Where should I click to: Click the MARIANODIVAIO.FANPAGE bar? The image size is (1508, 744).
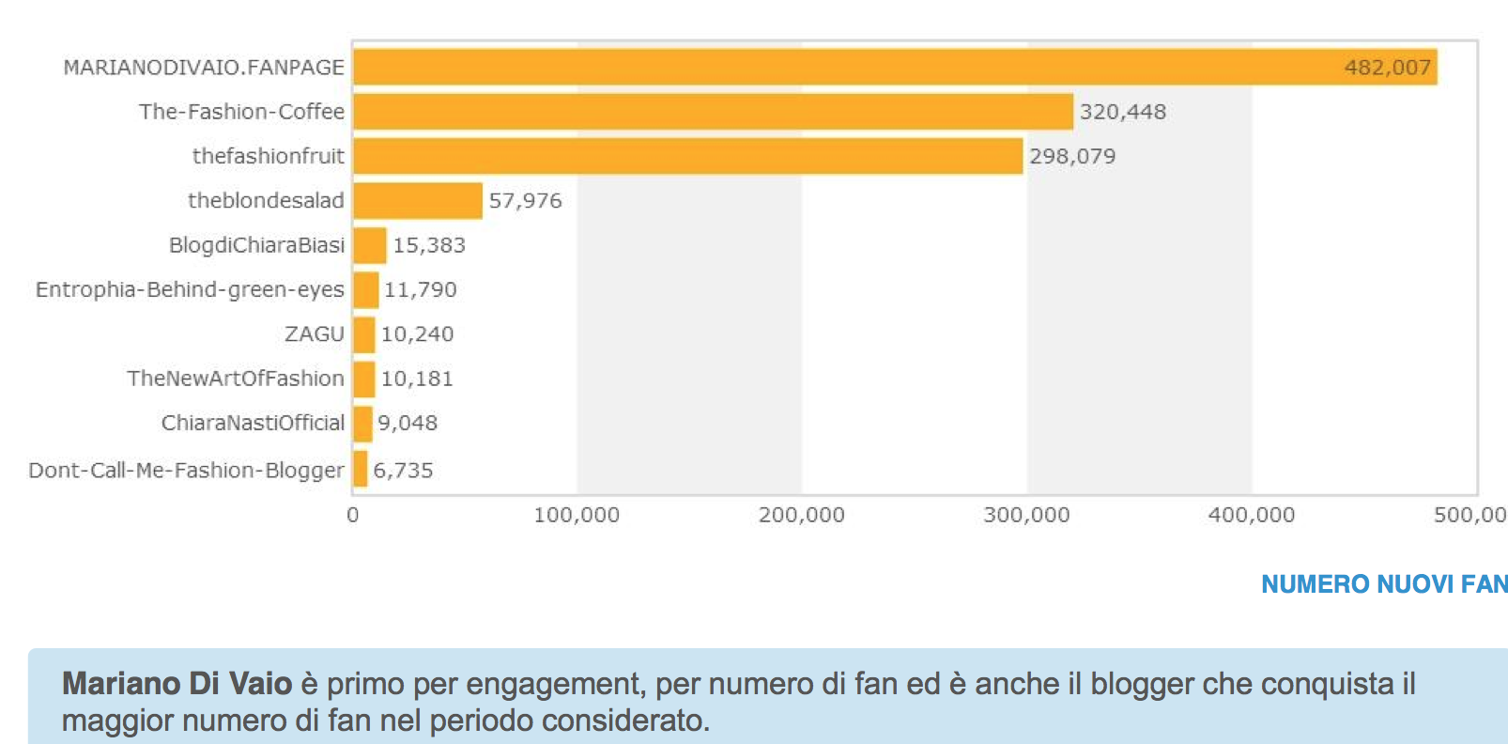click(x=892, y=68)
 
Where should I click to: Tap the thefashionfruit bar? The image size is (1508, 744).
click(x=687, y=156)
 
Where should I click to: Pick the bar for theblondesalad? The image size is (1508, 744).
click(x=417, y=201)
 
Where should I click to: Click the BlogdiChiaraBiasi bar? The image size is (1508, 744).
click(x=369, y=245)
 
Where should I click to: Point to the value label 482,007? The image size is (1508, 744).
click(x=1387, y=68)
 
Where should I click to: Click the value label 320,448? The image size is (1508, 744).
click(x=1122, y=112)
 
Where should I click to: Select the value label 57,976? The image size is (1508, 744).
click(x=525, y=201)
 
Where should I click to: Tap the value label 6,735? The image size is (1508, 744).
click(x=403, y=470)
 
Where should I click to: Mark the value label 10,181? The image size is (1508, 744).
click(x=417, y=379)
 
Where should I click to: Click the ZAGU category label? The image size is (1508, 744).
click(x=315, y=334)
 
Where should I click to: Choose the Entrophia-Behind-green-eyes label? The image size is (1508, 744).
click(x=190, y=289)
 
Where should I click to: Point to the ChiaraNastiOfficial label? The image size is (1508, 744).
click(x=253, y=423)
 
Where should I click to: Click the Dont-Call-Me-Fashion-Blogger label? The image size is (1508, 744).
click(x=186, y=470)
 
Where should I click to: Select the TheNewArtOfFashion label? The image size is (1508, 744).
click(x=236, y=379)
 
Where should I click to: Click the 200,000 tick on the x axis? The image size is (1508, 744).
click(x=801, y=515)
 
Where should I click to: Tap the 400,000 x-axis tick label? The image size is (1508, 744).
click(x=1251, y=515)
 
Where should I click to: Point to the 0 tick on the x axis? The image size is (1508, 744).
click(x=353, y=515)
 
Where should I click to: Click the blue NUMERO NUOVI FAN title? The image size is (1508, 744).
click(x=1383, y=584)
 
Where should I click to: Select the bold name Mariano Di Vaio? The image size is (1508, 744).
click(x=177, y=684)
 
